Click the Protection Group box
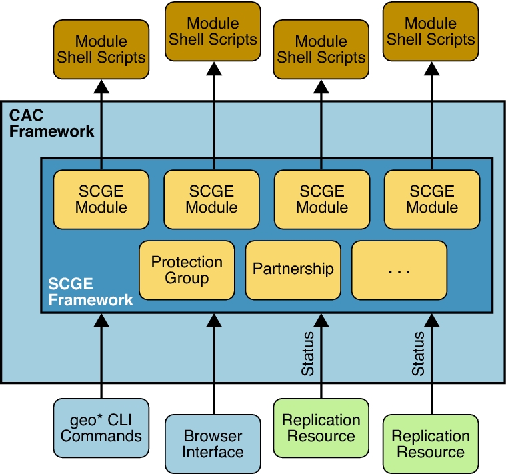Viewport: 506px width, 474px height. point(187,269)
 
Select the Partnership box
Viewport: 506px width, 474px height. point(293,269)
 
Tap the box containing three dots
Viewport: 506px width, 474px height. point(399,269)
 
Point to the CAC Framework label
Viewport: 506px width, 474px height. point(51,123)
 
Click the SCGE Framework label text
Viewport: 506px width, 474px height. point(91,293)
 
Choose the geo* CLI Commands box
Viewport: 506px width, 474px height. point(101,428)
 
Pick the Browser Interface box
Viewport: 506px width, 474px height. point(213,444)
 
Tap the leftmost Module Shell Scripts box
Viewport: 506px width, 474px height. point(101,49)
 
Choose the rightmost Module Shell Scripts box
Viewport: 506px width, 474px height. point(431,31)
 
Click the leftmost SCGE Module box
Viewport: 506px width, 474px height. point(101,199)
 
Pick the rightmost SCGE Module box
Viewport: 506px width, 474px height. point(431,199)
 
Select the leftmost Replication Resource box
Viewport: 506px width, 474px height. point(321,428)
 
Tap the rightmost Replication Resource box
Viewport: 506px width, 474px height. point(431,444)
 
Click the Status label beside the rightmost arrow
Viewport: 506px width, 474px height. point(418,353)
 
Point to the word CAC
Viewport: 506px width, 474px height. point(27,115)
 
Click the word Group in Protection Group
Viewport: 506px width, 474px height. point(187,277)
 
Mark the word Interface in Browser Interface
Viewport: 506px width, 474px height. point(213,452)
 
